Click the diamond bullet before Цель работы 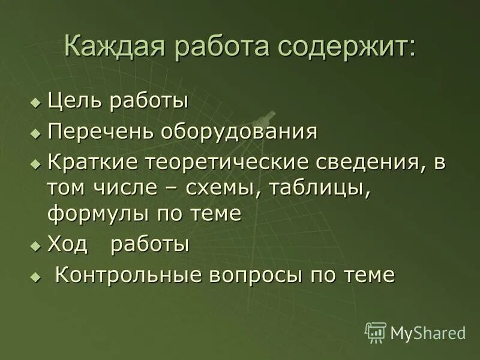[35, 101]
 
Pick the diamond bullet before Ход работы [35, 245]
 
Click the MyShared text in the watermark [428, 332]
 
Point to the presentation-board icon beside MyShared [376, 332]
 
